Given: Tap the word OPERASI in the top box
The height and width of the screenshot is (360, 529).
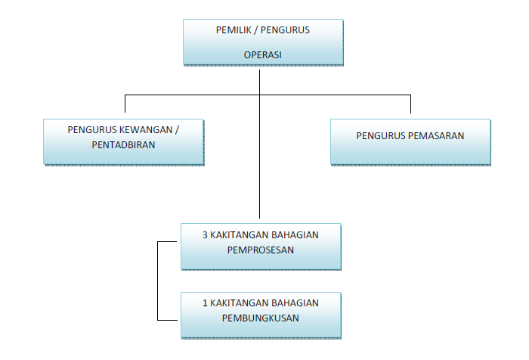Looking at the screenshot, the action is pyautogui.click(x=262, y=54).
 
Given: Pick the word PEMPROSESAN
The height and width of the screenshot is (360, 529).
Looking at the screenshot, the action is pyautogui.click(x=260, y=249).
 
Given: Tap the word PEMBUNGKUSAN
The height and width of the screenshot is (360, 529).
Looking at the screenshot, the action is pyautogui.click(x=260, y=317).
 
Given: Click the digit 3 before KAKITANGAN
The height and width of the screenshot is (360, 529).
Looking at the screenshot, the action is pyautogui.click(x=205, y=234).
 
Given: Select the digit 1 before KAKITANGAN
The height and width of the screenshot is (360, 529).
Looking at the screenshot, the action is pyautogui.click(x=205, y=303).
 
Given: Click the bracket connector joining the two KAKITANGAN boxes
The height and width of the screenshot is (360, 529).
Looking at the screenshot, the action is pyautogui.click(x=157, y=280).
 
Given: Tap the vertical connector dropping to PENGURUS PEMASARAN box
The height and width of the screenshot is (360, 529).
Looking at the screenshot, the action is pyautogui.click(x=410, y=105).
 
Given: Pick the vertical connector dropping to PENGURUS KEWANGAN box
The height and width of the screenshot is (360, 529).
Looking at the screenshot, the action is pyautogui.click(x=125, y=105).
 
